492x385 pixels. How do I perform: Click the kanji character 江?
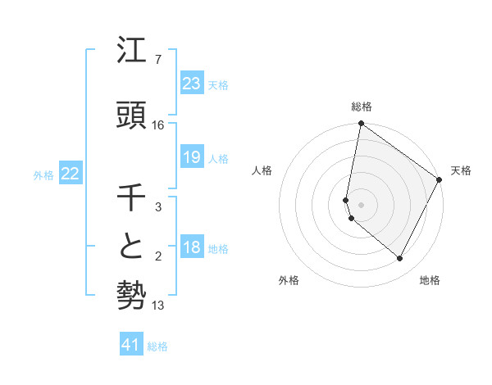[x=132, y=52]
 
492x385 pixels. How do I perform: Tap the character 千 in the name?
[x=132, y=198]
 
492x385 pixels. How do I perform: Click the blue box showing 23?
[x=192, y=84]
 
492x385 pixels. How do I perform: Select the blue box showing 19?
[x=192, y=157]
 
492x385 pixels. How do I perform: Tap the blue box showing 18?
[x=192, y=248]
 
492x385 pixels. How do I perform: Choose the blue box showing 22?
[x=71, y=174]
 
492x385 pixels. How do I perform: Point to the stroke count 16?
[x=158, y=125]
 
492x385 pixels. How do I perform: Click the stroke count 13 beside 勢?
[x=159, y=306]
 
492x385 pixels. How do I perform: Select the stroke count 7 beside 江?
[x=158, y=60]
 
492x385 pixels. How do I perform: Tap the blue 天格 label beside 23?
[x=218, y=85]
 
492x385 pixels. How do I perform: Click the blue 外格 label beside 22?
[x=43, y=174]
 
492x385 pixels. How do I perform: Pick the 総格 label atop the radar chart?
[x=362, y=106]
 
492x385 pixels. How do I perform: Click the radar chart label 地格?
[x=430, y=280]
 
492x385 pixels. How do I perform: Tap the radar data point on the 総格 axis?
[x=362, y=124]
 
